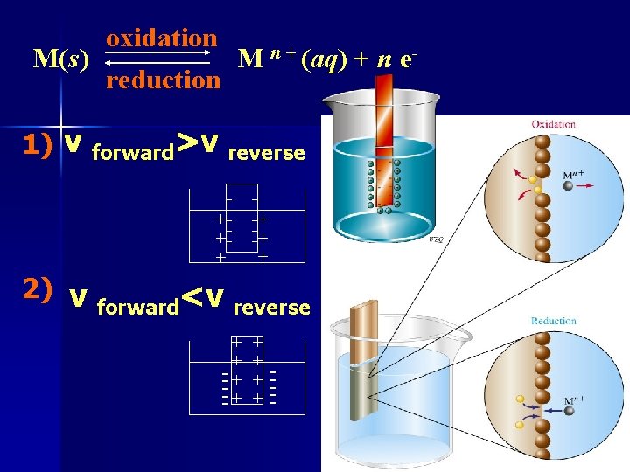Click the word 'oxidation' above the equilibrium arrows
coord(161,38)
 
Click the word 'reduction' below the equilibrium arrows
coord(163,80)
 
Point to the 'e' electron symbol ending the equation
coord(407,59)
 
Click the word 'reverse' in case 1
coord(266,153)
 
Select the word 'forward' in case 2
coord(138,307)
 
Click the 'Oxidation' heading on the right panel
coord(553,124)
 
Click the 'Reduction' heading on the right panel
coord(553,321)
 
